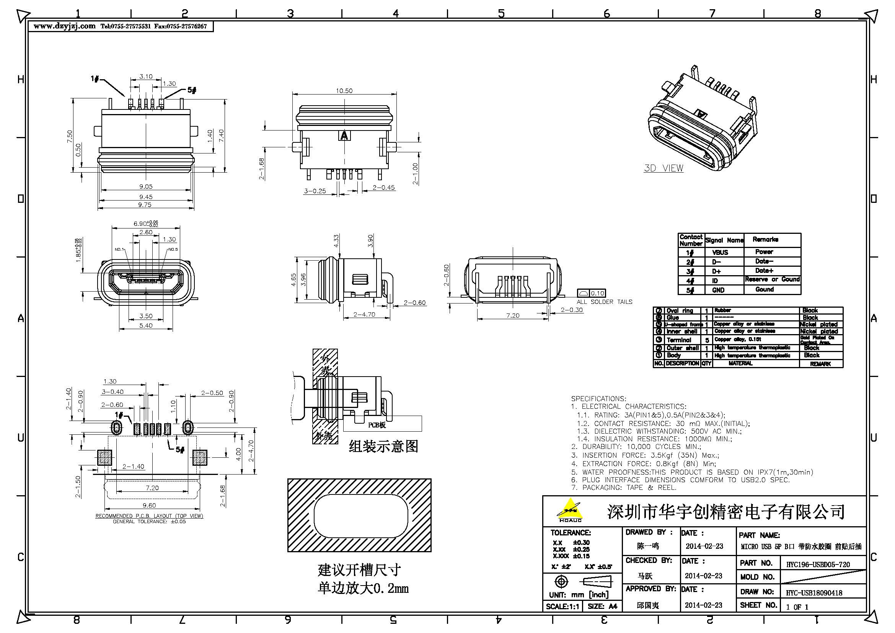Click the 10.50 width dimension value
tap(344, 91)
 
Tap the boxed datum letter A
tap(344, 135)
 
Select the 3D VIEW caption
tap(664, 168)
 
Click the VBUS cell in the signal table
tap(720, 252)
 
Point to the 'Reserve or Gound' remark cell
tap(772, 279)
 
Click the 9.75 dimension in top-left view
tap(145, 205)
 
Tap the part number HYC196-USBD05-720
tap(817, 564)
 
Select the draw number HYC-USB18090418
tap(814, 593)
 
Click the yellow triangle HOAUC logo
tap(570, 509)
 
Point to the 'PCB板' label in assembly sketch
tap(377, 425)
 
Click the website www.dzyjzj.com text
tap(64, 26)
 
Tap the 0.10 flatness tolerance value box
tap(597, 293)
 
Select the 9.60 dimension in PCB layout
tap(149, 505)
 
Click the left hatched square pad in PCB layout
tap(104, 457)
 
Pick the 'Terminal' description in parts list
tap(679, 340)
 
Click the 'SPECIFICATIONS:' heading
tap(598, 399)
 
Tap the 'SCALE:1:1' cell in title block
tap(562, 606)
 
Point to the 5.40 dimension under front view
tap(146, 325)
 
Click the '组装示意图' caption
tap(383, 446)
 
